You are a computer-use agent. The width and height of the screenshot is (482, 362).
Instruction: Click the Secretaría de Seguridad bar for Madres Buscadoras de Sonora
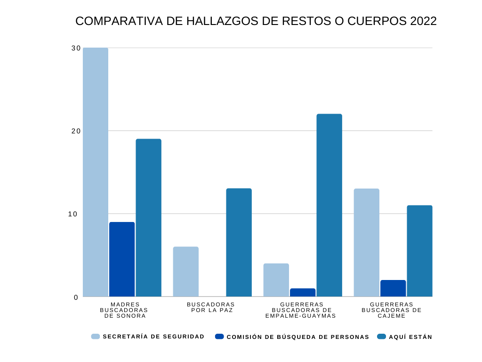coord(96,172)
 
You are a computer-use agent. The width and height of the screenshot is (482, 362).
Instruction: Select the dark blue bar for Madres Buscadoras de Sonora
coord(122,259)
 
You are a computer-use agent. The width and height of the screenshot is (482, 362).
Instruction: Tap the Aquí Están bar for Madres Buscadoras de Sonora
coord(149,218)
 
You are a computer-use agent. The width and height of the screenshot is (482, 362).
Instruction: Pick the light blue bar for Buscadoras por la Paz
coord(186,271)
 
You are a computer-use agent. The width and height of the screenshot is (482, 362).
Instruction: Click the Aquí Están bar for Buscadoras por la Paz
coord(239,242)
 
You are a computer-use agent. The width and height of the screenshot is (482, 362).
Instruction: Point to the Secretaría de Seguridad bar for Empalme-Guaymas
coord(276,280)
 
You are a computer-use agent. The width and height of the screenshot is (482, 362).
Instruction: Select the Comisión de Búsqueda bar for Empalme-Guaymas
coord(303,292)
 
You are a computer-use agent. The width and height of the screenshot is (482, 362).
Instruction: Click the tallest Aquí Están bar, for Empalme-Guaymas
coord(329,205)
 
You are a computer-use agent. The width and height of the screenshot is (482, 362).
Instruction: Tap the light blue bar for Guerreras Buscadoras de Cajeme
coord(367,242)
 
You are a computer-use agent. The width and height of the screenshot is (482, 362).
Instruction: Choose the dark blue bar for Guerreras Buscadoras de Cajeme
coord(393,288)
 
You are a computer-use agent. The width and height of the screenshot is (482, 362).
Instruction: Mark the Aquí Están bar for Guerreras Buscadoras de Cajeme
coord(420,251)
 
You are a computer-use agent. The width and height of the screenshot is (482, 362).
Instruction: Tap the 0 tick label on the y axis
coord(75,297)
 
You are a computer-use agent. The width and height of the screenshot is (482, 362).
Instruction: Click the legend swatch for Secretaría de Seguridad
coord(96,337)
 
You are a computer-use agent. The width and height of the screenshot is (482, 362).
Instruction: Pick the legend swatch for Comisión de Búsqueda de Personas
coord(219,337)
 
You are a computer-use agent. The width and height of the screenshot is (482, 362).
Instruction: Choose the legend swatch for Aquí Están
coord(381,337)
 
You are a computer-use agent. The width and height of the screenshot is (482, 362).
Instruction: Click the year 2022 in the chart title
coord(423,22)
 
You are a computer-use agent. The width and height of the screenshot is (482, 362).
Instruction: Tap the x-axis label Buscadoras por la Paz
coord(211,307)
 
